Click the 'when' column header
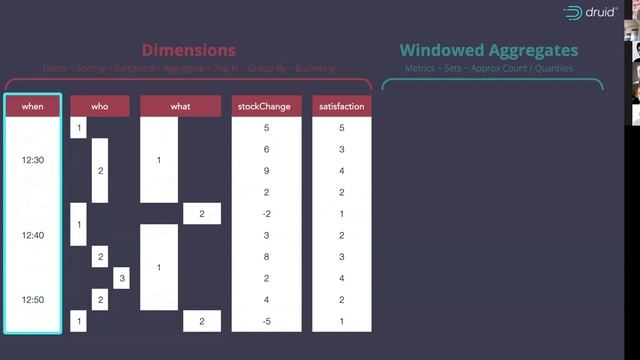click(33, 105)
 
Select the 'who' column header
click(99, 105)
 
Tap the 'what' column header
click(180, 105)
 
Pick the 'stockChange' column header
click(266, 105)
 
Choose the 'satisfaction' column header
click(341, 105)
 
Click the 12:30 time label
click(33, 160)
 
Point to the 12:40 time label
click(33, 235)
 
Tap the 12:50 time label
click(33, 299)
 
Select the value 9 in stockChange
click(266, 171)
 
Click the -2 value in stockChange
click(266, 214)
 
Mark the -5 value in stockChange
click(266, 321)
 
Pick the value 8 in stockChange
click(266, 257)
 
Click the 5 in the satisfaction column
click(341, 128)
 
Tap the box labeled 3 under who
click(120, 278)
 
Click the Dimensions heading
click(188, 50)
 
